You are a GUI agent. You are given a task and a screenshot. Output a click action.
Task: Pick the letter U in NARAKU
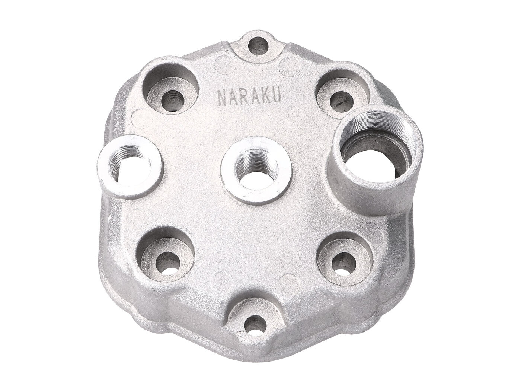277,96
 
